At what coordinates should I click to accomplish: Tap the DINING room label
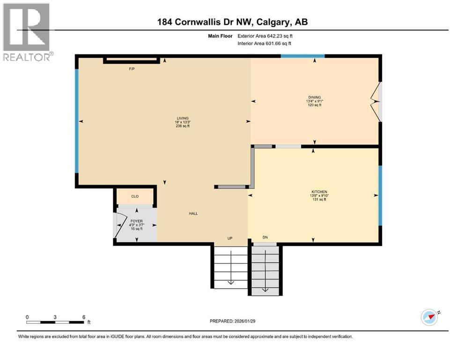coord(314,97)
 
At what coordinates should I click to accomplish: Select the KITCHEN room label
coord(318,192)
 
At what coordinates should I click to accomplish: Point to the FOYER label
coord(137,221)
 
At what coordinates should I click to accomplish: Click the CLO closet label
coord(135,196)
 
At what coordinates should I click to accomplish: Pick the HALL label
coord(193,213)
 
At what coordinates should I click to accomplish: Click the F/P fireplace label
coord(132,69)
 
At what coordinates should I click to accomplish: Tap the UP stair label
coord(230,238)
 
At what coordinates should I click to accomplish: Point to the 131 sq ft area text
coord(318,200)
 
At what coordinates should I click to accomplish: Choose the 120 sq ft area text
coord(314,105)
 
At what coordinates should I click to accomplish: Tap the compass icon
coord(429,317)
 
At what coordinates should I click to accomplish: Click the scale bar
coord(55,322)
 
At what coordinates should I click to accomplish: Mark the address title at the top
coord(232,22)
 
